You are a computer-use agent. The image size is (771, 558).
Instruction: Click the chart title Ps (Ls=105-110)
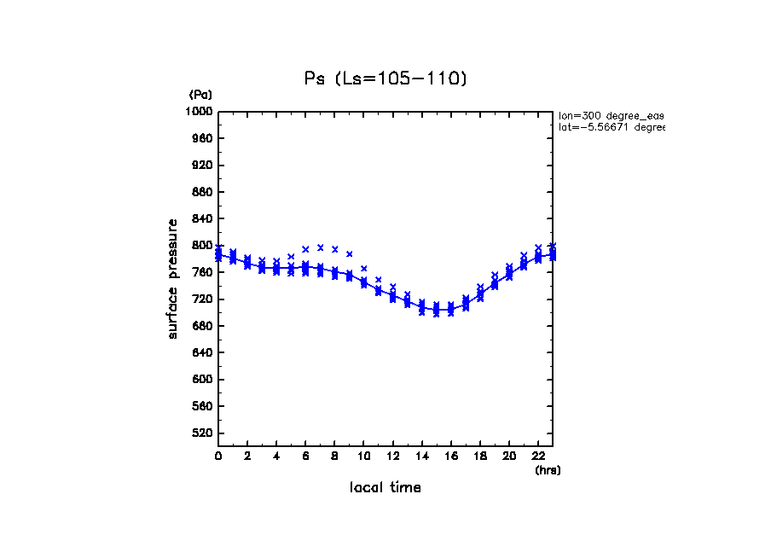pyautogui.click(x=385, y=78)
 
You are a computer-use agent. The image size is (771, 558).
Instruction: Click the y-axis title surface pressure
pyautogui.click(x=173, y=278)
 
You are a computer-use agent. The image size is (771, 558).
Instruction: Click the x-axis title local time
pyautogui.click(x=385, y=488)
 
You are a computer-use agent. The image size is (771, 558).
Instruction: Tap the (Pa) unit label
pyautogui.click(x=200, y=95)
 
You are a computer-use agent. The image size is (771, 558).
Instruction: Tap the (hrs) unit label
pyautogui.click(x=548, y=470)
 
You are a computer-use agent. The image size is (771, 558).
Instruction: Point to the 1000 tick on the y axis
pyautogui.click(x=201, y=112)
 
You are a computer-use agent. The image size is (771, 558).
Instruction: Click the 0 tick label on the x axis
pyautogui.click(x=218, y=456)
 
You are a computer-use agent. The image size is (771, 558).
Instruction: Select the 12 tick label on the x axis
pyautogui.click(x=392, y=456)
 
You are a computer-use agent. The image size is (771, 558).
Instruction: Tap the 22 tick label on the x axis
pyautogui.click(x=537, y=456)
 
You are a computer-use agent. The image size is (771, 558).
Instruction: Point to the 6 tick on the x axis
pyautogui.click(x=305, y=456)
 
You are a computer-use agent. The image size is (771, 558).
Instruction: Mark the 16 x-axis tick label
pyautogui.click(x=450, y=456)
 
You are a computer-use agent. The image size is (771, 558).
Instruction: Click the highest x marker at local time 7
pyautogui.click(x=320, y=247)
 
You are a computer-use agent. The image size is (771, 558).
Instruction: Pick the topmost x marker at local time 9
pyautogui.click(x=349, y=254)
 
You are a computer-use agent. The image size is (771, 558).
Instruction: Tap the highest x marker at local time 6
pyautogui.click(x=305, y=249)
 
